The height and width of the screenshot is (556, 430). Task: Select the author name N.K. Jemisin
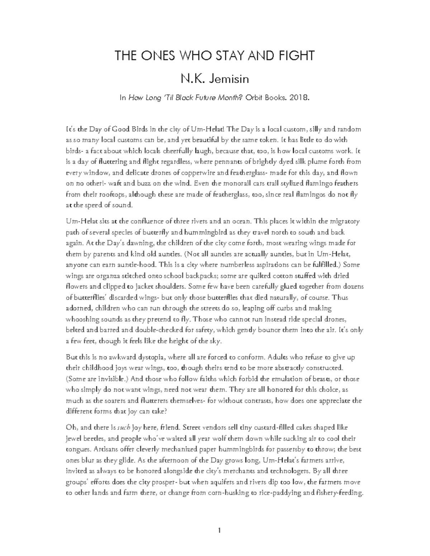[215, 78]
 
